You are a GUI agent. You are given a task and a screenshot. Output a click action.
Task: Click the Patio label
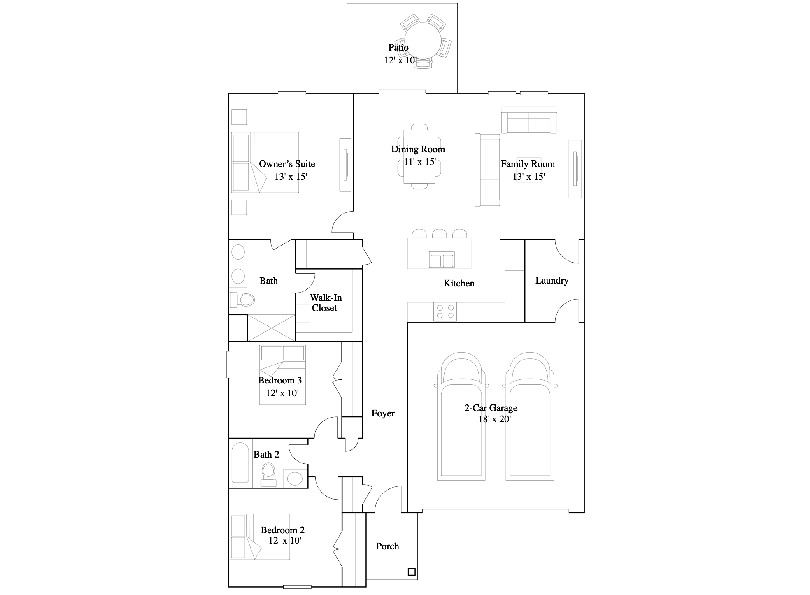[x=398, y=48]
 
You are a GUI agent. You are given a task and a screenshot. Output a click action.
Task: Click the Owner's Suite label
[x=287, y=164]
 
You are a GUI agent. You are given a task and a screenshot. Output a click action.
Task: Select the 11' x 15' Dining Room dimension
[x=419, y=162]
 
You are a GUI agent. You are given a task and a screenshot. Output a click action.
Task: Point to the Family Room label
[x=528, y=164]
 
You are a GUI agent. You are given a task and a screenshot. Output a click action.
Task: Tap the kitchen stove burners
[x=445, y=311]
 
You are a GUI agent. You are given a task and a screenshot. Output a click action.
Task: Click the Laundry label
[x=552, y=281]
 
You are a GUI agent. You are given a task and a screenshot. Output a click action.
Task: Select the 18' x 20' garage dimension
[x=494, y=419]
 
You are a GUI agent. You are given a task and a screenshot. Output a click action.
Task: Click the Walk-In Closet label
[x=325, y=303]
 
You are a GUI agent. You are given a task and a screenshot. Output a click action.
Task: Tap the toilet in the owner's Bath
[x=242, y=300]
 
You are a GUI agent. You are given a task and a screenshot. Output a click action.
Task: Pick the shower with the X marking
[x=271, y=328]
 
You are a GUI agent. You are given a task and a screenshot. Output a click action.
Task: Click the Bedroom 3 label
[x=280, y=380]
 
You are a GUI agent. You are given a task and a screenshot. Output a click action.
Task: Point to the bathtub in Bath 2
[x=240, y=463]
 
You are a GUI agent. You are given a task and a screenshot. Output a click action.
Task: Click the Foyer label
[x=383, y=414]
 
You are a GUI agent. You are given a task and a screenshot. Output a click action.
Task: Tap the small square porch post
[x=412, y=572]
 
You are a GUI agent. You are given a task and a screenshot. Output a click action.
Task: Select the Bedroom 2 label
[x=282, y=530]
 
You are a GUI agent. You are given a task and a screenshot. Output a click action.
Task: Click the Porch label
[x=387, y=546]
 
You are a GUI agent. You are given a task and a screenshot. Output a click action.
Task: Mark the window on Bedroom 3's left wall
[x=228, y=364]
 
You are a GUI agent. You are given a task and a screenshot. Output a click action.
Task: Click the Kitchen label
[x=459, y=283]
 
